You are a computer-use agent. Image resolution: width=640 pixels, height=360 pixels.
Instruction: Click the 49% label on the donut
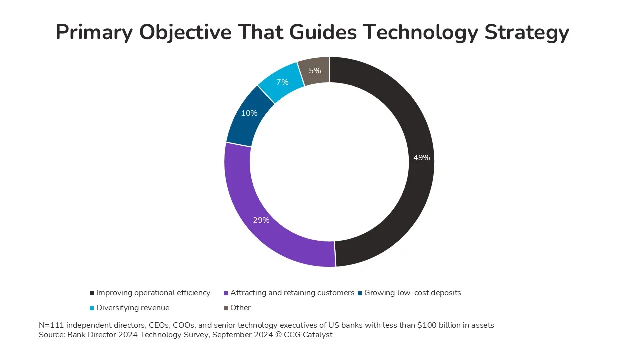421,158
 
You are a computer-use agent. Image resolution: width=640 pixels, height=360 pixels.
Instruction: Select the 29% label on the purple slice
261,220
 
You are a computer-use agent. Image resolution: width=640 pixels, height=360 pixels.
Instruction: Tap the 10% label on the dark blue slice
249,113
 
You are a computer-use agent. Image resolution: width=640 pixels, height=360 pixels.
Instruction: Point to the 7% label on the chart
282,82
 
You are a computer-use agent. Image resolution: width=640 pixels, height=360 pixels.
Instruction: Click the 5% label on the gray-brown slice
315,71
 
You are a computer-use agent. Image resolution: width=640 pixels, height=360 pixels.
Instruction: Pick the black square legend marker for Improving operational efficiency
91,293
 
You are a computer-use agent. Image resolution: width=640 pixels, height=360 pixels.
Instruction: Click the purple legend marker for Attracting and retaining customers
226,293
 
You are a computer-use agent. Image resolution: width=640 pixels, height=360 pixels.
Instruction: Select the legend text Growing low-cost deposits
412,293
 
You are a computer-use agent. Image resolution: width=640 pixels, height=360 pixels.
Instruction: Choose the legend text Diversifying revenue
133,308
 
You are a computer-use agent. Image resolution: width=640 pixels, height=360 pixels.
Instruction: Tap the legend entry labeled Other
240,308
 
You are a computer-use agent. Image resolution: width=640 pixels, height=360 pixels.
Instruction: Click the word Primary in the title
93,33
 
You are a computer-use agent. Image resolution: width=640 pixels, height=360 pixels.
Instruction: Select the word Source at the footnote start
51,335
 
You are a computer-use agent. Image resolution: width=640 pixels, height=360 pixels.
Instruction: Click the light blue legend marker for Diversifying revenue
91,308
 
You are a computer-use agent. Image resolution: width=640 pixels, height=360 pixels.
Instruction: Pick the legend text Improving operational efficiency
153,293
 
